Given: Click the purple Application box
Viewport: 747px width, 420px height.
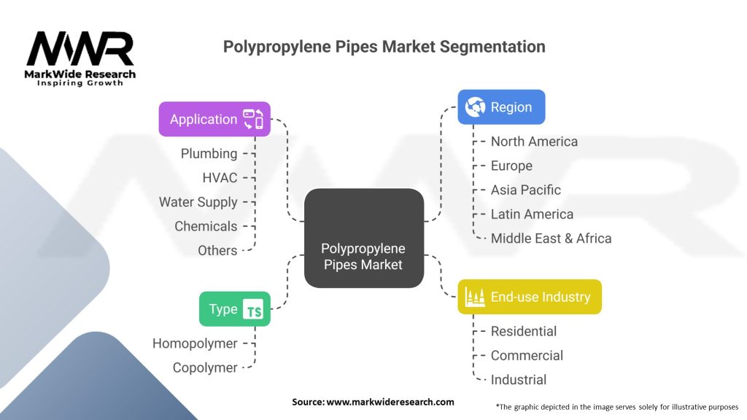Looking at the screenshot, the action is point(214,119).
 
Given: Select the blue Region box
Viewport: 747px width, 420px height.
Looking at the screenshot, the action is point(501,107).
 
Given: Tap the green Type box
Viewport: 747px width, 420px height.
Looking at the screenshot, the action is point(235,309).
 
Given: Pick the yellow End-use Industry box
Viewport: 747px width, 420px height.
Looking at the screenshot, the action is point(530,297).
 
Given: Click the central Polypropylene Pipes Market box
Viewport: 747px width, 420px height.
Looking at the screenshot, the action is point(364,238).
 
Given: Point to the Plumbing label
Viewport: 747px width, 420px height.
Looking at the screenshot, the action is point(209,153).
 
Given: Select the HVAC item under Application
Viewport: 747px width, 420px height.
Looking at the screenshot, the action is point(220,178).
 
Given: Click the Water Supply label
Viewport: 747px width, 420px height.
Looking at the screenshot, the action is point(198,202).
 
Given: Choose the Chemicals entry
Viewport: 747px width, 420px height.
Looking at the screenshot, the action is point(206,226).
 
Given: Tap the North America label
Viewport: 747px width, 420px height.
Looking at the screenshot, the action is point(534,141).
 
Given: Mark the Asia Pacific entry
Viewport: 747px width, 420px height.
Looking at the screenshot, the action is point(526,190).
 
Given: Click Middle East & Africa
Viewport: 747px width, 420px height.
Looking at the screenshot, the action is point(551,238).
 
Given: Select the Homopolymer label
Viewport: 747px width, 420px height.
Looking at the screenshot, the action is point(195,343).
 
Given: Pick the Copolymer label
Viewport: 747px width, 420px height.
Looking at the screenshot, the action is point(205,367).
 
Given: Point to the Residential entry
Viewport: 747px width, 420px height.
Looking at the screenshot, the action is point(524,331).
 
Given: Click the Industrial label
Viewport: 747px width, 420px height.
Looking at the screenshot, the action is point(519,379).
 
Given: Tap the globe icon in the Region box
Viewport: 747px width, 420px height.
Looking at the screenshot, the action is point(475,107).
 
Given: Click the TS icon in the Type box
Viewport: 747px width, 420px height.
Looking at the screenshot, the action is point(253,309).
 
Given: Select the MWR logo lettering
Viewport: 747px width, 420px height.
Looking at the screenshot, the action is point(80,49).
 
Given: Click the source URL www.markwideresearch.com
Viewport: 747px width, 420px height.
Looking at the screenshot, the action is point(390,402).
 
